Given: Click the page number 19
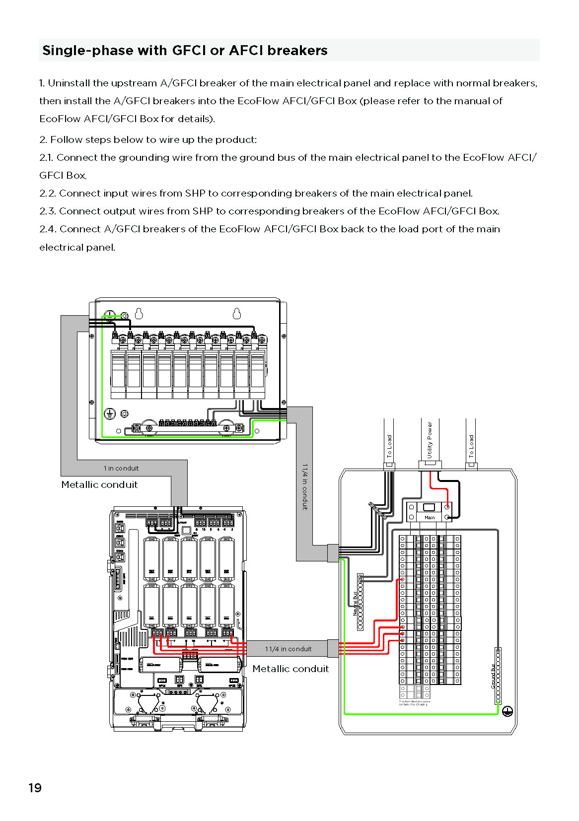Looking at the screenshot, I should click(x=35, y=788).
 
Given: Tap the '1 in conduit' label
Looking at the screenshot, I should click(x=121, y=468).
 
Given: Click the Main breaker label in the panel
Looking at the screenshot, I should click(x=430, y=517).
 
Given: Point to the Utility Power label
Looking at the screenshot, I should click(x=430, y=440).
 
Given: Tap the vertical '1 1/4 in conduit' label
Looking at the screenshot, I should click(x=305, y=486).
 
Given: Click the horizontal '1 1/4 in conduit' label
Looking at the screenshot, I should click(x=288, y=649).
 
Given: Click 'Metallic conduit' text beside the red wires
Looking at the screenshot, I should click(x=290, y=669).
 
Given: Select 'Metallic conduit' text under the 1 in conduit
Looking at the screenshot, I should click(x=99, y=484).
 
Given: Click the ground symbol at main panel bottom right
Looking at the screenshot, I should click(x=507, y=711).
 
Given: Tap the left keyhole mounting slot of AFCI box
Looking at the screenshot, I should click(x=139, y=313).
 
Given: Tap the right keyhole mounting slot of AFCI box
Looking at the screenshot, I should click(x=237, y=313).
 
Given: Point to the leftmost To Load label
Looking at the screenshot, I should click(x=389, y=446).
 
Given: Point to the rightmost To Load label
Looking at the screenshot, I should click(x=471, y=446).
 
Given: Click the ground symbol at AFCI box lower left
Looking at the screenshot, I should click(x=109, y=413).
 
